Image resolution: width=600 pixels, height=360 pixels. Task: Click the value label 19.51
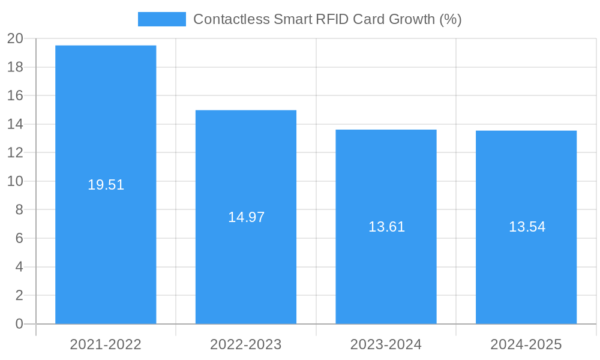point(106,185)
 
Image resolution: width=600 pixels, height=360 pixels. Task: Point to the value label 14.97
point(246,217)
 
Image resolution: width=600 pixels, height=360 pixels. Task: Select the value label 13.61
point(386,227)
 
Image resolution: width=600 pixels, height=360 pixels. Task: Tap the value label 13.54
point(527,227)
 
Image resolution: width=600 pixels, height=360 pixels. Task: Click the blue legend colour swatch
point(162,19)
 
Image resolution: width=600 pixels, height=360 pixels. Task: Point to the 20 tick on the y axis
point(15,38)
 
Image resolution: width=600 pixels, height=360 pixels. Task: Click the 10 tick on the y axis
point(15,181)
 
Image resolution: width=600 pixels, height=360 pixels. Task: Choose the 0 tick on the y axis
point(19,324)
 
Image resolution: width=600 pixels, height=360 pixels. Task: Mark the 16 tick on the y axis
point(15,95)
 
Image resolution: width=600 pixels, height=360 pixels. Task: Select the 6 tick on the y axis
point(19,238)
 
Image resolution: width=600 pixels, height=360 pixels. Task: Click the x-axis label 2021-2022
point(106,344)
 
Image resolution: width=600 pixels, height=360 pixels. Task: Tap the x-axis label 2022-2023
point(246,344)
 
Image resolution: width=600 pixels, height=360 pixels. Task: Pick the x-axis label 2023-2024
point(386,344)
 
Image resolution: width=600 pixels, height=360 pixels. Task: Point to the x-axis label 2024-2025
point(526,344)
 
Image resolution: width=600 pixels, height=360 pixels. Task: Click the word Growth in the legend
point(412,19)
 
